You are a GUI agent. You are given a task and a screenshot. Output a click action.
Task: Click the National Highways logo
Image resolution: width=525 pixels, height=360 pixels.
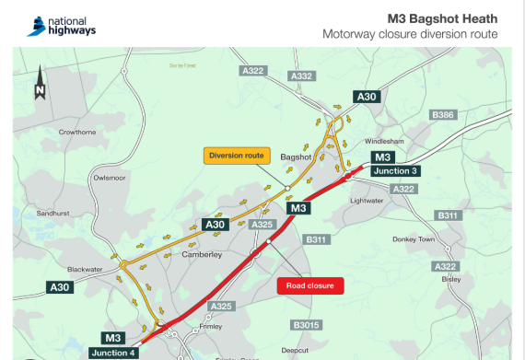62,24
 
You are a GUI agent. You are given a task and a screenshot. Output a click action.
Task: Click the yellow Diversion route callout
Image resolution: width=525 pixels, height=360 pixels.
236,155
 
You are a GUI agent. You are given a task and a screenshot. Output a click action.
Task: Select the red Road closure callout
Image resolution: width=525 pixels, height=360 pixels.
309,285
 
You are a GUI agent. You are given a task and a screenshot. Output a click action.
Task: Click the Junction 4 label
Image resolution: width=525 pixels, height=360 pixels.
113,352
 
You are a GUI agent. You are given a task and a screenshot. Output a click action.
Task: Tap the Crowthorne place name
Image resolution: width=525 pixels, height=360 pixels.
77,132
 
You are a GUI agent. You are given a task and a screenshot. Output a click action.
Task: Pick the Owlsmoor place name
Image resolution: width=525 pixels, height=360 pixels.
110,178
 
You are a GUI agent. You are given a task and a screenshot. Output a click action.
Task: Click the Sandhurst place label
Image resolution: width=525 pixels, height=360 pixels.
52,213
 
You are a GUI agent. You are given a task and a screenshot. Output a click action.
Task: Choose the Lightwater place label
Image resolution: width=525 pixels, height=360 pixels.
366,200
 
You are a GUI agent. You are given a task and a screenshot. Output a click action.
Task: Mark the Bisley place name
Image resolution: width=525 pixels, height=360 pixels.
450,278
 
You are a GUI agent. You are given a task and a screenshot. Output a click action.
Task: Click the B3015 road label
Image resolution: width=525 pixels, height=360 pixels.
306,325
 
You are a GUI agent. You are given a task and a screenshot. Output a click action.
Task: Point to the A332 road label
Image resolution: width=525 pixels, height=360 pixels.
301,76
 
